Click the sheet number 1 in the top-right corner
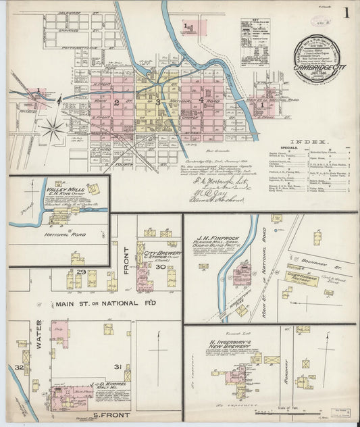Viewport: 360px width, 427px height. tap(346, 12)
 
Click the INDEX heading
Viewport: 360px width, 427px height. tap(303, 144)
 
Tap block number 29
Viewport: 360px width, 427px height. tap(81, 272)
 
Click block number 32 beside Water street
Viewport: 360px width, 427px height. tap(19, 367)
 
